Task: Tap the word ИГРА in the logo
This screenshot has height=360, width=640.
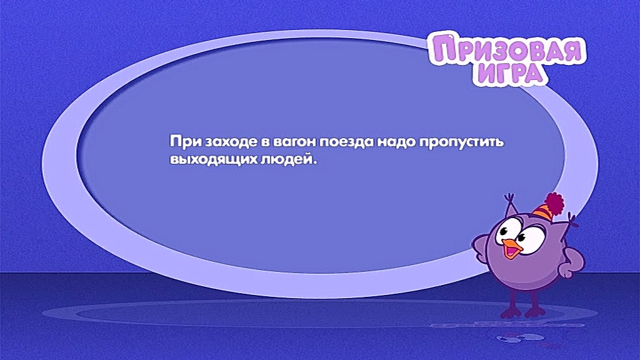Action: point(510,74)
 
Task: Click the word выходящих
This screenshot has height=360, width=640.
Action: point(213,159)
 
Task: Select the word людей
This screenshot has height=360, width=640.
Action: point(288,159)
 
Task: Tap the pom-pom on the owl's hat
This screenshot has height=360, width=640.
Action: point(554,203)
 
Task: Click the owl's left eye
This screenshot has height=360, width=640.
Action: point(507,229)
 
